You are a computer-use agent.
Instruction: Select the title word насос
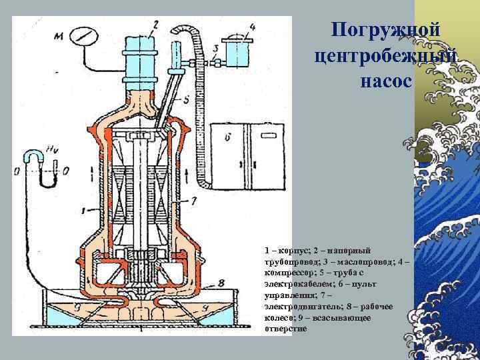(385, 80)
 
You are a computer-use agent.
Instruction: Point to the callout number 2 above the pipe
(155, 25)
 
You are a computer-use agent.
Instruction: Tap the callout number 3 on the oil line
(215, 49)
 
